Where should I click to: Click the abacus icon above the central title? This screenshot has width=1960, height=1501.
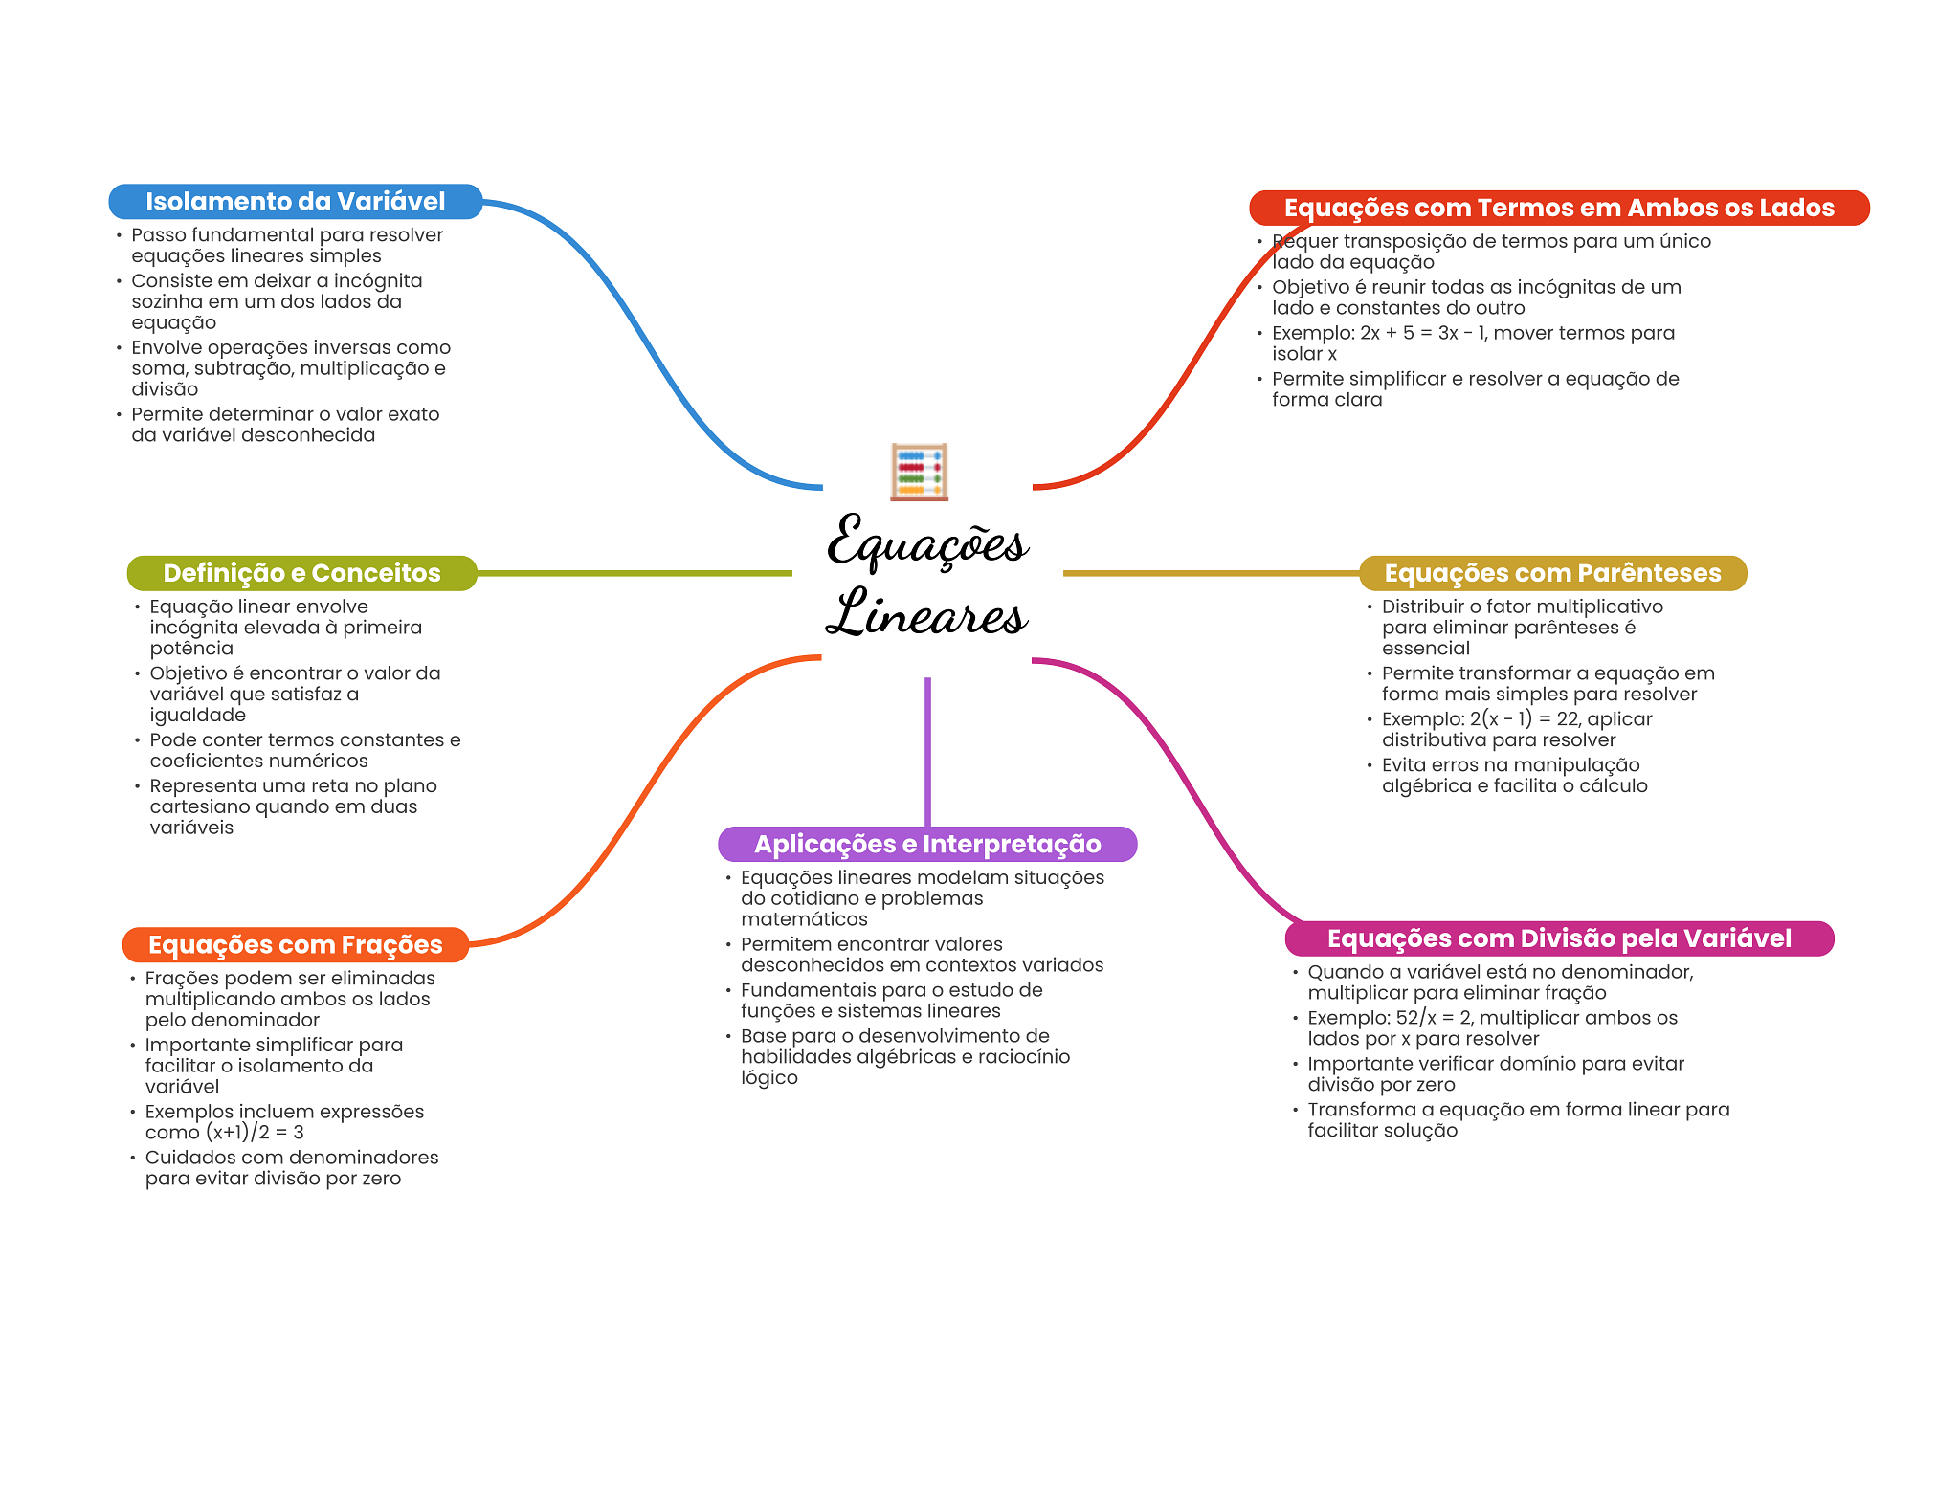pos(919,472)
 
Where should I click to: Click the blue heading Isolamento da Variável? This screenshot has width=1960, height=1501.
pos(295,202)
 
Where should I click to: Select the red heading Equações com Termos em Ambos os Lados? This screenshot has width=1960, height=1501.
pos(1558,209)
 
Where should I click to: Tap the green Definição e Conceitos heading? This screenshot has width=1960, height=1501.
pos(301,573)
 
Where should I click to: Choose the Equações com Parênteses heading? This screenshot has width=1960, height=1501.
pos(1552,573)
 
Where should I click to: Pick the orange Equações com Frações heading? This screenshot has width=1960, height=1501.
pos(295,945)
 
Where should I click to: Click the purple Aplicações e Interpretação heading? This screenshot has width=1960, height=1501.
pos(926,844)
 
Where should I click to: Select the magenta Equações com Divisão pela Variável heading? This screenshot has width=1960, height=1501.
pos(1558,938)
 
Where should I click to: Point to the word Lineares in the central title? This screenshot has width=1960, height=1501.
pos(926,614)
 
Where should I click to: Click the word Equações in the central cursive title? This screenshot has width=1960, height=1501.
pos(926,543)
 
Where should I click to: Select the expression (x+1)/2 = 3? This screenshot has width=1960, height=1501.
pos(255,1133)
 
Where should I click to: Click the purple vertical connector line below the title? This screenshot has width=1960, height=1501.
pos(927,751)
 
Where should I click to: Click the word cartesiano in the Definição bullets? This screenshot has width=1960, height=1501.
pos(198,806)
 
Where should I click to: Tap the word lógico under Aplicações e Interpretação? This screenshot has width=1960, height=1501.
pos(768,1078)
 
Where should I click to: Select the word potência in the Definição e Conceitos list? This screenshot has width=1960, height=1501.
pos(191,649)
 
